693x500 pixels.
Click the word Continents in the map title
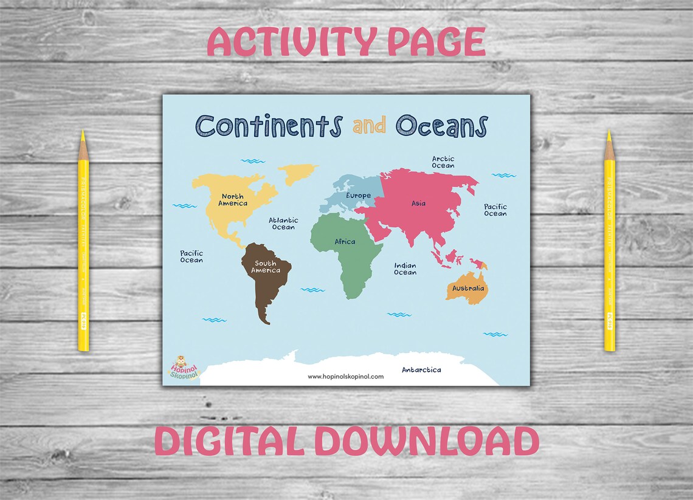(x=269, y=126)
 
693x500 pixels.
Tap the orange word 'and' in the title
(x=369, y=126)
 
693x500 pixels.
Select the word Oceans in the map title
(x=441, y=126)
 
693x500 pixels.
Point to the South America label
(x=266, y=267)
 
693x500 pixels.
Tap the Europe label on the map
(x=358, y=196)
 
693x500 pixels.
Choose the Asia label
(x=418, y=204)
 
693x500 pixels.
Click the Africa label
(x=345, y=242)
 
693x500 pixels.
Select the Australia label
(x=468, y=288)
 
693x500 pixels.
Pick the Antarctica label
(x=421, y=369)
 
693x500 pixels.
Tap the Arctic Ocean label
(x=443, y=162)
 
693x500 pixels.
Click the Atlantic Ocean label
(x=283, y=224)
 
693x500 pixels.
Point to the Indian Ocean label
(x=405, y=269)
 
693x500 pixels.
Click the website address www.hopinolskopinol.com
(x=345, y=377)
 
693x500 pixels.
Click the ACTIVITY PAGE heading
(x=346, y=43)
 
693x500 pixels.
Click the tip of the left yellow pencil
(x=83, y=132)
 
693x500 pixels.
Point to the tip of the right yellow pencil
(x=608, y=132)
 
